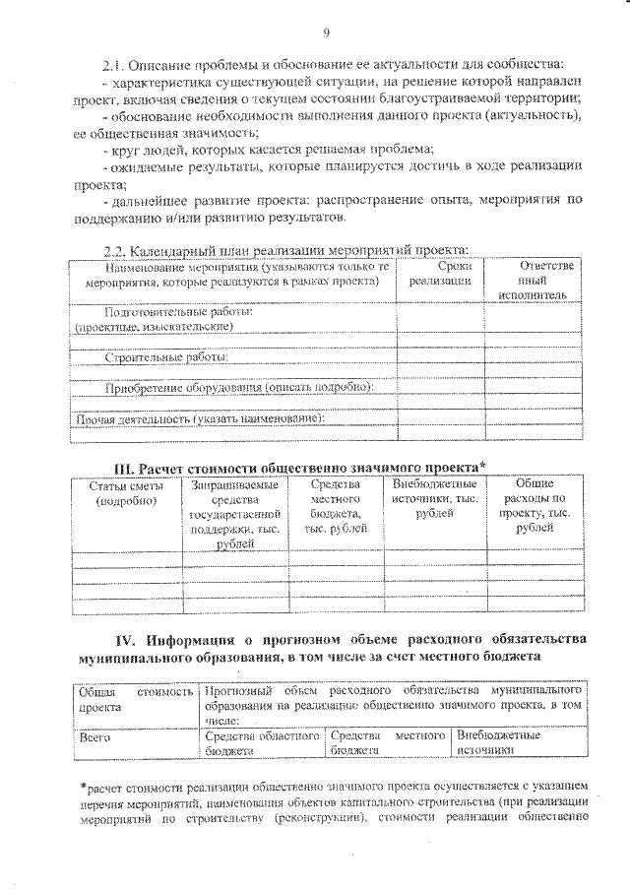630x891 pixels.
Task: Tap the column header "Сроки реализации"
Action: click(440, 274)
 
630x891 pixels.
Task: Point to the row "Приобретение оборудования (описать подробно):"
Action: click(239, 387)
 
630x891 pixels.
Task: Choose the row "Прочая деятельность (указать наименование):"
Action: click(200, 418)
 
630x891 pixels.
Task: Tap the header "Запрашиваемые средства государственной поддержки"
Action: click(234, 513)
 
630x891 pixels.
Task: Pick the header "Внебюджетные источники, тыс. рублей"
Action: click(434, 499)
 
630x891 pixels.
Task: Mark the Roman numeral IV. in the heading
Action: click(101, 634)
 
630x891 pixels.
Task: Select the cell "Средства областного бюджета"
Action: click(263, 742)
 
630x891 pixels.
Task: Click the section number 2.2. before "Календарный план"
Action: click(116, 250)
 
